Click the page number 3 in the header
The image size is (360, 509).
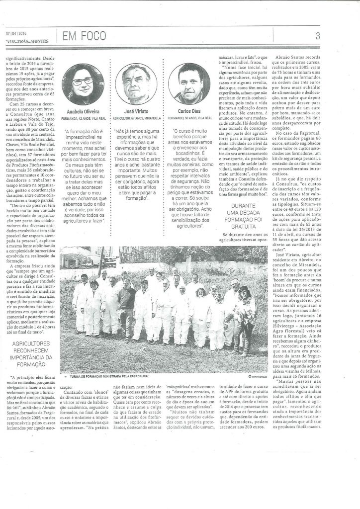click(x=345, y=35)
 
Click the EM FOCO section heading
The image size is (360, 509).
click(x=81, y=35)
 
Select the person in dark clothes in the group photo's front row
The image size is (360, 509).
click(x=126, y=304)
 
